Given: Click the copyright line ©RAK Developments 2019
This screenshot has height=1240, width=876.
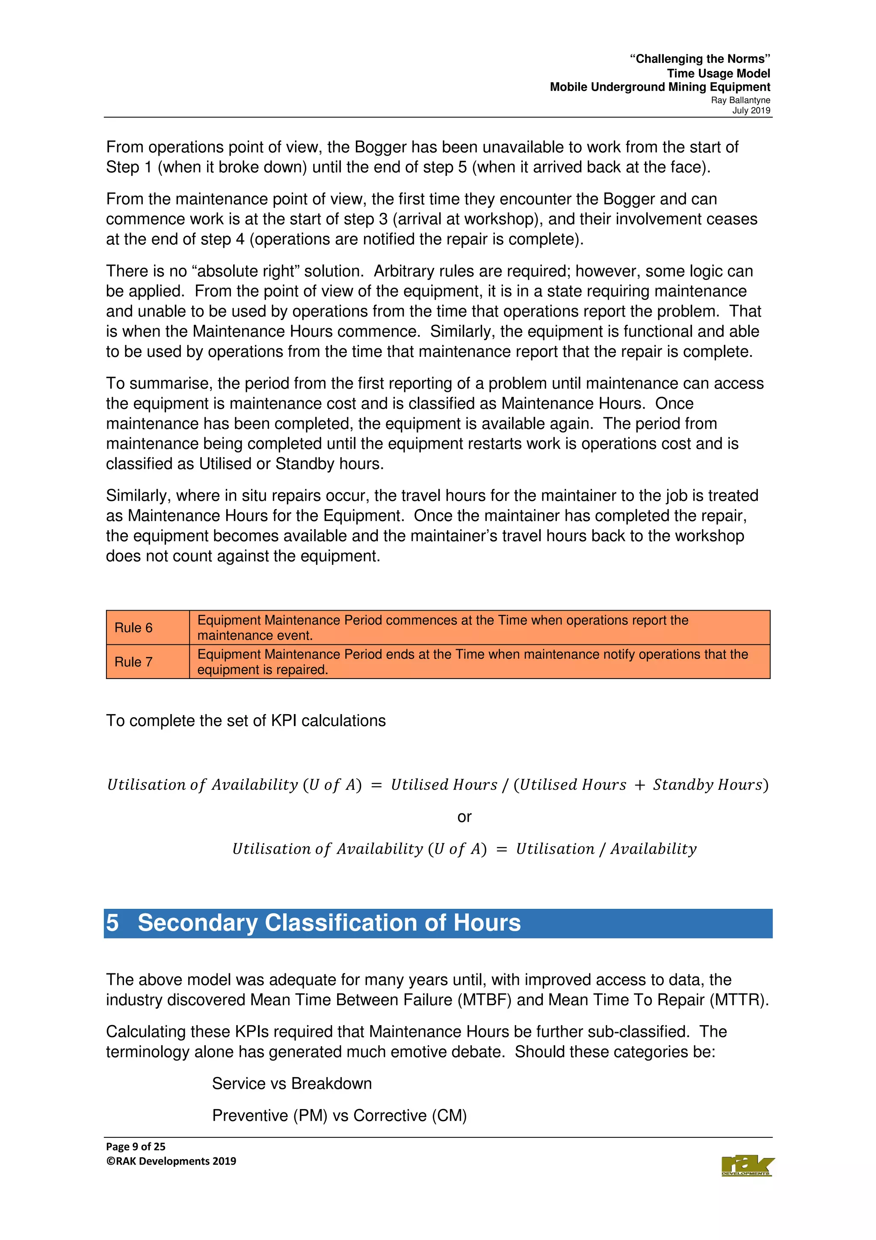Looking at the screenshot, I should pyautogui.click(x=171, y=1161).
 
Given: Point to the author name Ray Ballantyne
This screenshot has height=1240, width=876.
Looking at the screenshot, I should pyautogui.click(x=740, y=100).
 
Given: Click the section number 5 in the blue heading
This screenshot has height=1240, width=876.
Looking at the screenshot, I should pyautogui.click(x=112, y=923).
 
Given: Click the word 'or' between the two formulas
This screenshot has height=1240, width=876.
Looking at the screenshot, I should pyautogui.click(x=464, y=816).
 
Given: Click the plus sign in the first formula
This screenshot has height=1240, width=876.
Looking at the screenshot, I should pyautogui.click(x=639, y=785).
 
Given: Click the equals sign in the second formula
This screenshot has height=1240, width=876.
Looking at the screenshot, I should pyautogui.click(x=501, y=849).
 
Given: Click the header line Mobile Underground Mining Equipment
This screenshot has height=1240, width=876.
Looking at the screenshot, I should pyautogui.click(x=660, y=87).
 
